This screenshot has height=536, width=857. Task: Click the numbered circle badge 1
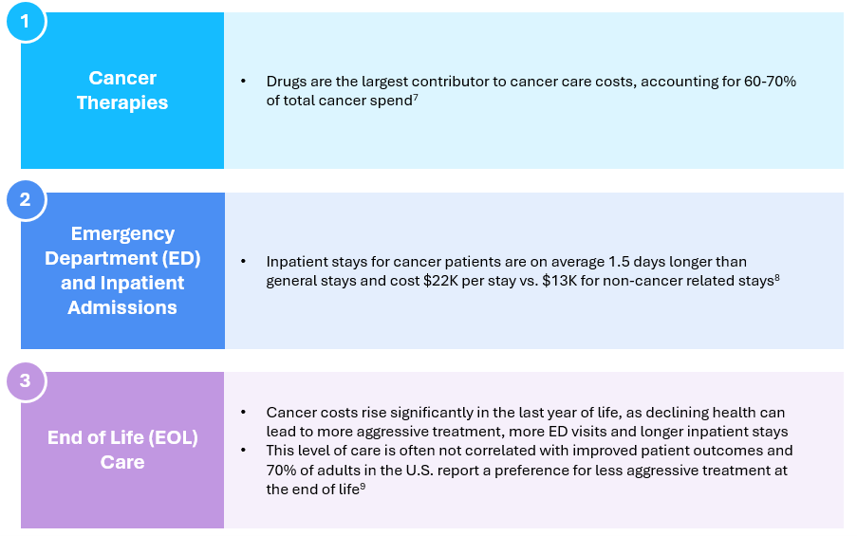25,21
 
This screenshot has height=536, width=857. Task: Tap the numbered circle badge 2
25,199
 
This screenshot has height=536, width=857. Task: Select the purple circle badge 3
25,380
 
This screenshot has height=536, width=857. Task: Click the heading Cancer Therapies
122,90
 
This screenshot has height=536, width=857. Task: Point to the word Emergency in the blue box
122,234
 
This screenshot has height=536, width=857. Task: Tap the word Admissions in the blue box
122,307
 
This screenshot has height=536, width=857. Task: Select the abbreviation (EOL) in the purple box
173,437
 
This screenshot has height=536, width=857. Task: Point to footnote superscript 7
416,98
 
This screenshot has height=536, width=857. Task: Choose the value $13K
559,281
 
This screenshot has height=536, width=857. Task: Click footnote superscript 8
777,278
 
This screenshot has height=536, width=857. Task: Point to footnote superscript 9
363,487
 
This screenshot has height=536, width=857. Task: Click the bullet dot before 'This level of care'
243,451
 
